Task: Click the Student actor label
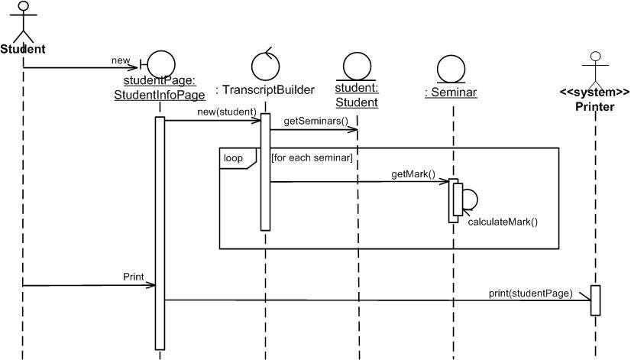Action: tap(23, 50)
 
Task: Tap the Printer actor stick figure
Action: tap(596, 68)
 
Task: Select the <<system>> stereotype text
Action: tap(595, 92)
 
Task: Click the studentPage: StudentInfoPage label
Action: tap(160, 87)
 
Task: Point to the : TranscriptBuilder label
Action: tap(265, 90)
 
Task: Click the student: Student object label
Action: tap(357, 95)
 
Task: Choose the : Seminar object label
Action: tap(451, 92)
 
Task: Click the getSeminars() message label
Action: tap(315, 121)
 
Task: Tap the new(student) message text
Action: tap(227, 112)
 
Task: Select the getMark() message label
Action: tap(413, 174)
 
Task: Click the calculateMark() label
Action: tap(503, 222)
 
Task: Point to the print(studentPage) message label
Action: tap(530, 293)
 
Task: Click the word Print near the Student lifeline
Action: tap(133, 276)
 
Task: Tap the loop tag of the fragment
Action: tap(233, 158)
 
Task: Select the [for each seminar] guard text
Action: tap(312, 158)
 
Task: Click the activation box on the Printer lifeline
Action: tap(596, 300)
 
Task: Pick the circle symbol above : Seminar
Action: tap(451, 70)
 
